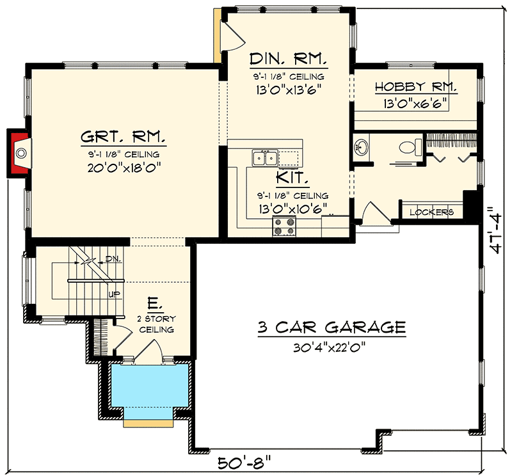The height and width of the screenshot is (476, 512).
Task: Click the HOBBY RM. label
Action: click(416, 87)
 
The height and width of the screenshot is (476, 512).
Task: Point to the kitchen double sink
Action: click(264, 157)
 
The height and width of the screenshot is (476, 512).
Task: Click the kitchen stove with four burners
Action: click(285, 225)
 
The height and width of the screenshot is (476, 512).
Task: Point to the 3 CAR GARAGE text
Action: click(331, 328)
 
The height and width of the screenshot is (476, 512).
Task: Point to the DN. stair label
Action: click(113, 259)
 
